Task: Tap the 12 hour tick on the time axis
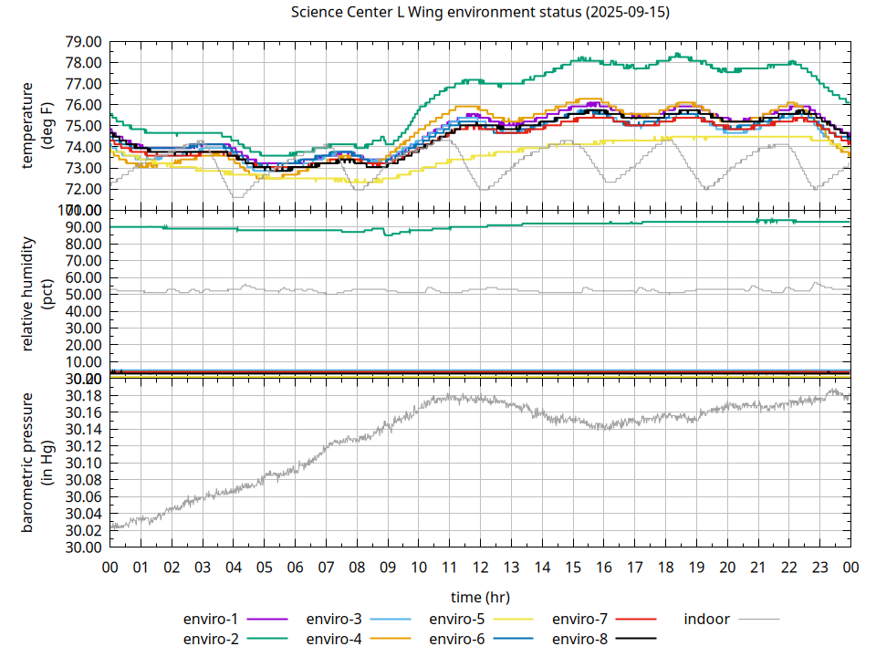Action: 480,568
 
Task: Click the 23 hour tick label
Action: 819,568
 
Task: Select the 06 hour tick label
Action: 295,568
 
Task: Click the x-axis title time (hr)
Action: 480,597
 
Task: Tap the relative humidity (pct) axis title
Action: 37,295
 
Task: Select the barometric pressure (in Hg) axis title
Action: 37,463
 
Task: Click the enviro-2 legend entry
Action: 211,639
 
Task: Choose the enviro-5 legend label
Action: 456,620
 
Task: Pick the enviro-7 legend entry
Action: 579,620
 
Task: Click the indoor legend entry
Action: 707,620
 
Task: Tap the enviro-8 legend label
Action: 579,639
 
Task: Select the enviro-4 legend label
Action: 334,639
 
